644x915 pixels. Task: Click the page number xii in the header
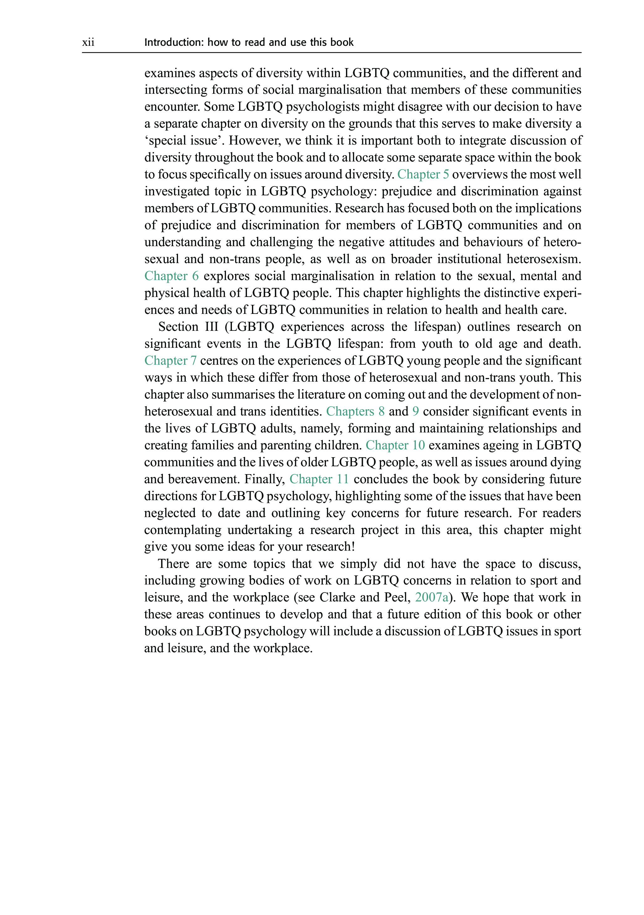[88, 42]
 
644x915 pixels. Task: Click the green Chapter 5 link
[423, 175]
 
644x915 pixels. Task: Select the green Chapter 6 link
[171, 276]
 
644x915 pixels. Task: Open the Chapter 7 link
[170, 361]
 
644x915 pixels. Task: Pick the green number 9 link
[416, 411]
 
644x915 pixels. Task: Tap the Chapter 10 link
[395, 445]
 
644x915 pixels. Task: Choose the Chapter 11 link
[319, 479]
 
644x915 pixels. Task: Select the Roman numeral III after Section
[212, 327]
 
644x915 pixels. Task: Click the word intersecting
[175, 90]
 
